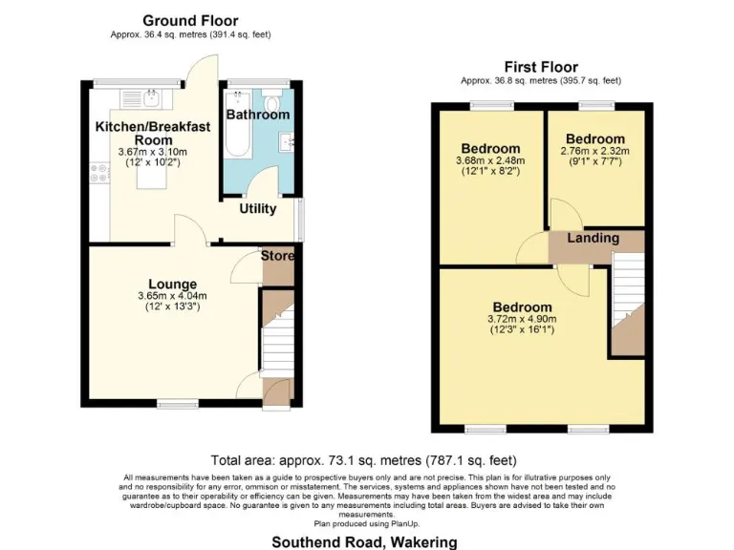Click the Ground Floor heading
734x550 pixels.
click(190, 20)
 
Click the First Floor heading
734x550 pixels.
click(541, 66)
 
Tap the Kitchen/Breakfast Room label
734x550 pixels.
click(140, 133)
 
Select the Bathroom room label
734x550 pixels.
click(257, 115)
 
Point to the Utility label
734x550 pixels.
click(257, 208)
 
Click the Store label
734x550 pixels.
click(278, 256)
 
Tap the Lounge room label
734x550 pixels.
click(172, 284)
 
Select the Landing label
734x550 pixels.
click(593, 238)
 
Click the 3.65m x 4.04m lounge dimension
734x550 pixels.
click(172, 296)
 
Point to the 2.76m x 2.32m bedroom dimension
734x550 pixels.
click(594, 151)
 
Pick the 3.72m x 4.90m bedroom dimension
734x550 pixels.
click(521, 319)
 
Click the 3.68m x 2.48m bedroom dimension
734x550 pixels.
click(490, 161)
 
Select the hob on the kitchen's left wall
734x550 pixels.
click(97, 174)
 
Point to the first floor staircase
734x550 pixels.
click(627, 301)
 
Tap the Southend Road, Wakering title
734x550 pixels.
click(364, 541)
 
